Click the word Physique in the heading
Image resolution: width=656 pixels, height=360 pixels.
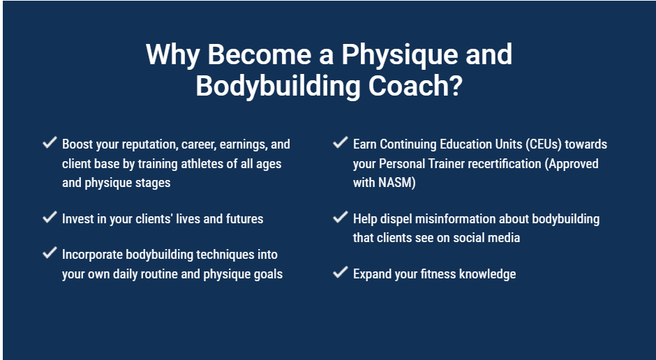point(400,55)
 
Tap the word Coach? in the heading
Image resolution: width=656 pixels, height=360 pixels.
point(415,86)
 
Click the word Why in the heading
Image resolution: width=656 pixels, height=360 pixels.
point(172,55)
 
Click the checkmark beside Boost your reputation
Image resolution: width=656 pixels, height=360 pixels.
point(50,142)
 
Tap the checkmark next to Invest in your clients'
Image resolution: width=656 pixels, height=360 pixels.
point(50,217)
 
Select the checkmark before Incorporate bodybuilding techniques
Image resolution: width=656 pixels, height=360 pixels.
point(50,253)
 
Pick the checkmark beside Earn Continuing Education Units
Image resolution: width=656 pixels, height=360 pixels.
point(340,142)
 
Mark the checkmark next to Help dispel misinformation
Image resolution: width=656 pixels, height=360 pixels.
point(340,217)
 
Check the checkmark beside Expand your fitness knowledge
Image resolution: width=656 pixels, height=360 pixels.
point(340,272)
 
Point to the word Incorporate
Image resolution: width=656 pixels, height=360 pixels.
point(92,255)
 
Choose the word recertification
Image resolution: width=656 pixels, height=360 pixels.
point(505,163)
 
